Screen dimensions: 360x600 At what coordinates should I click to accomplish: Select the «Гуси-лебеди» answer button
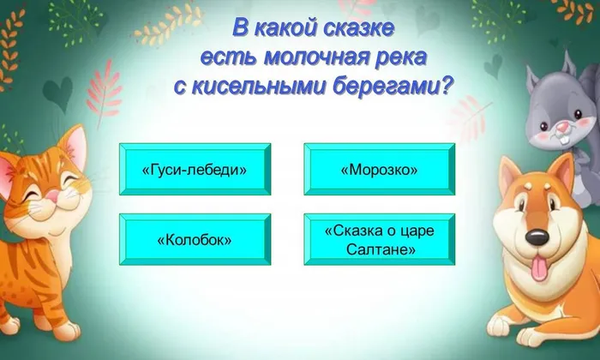coord(194,170)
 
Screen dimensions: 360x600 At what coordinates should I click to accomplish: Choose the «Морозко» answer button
coord(379,170)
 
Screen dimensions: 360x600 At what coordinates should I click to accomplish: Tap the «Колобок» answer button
coord(194,240)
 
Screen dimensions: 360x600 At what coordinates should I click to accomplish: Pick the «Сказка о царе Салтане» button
coord(379,240)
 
